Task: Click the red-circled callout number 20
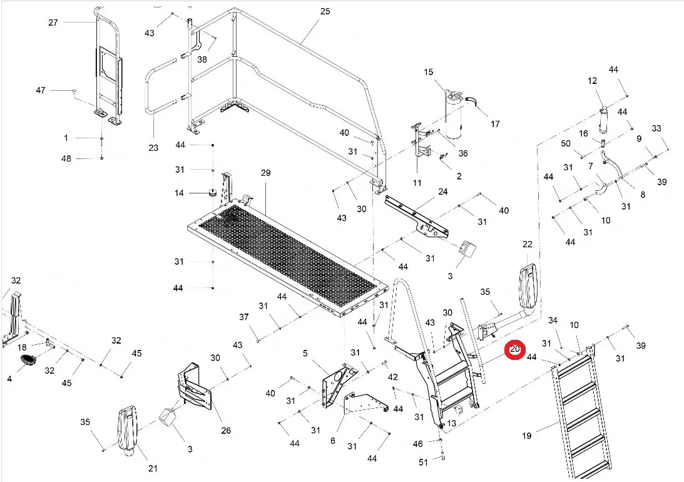[515, 350]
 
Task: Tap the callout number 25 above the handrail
[324, 12]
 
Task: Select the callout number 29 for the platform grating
[265, 173]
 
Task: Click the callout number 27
[53, 23]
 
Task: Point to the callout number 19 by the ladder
[527, 436]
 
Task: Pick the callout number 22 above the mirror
[527, 244]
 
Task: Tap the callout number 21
[153, 469]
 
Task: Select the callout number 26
[226, 430]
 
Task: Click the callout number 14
[179, 193]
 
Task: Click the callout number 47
[41, 91]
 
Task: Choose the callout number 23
[153, 148]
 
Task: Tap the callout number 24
[443, 192]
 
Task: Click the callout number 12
[592, 81]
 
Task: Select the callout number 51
[423, 462]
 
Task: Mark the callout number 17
[495, 124]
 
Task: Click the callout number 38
[202, 59]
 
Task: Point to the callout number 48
[66, 158]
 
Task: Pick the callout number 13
[451, 423]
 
